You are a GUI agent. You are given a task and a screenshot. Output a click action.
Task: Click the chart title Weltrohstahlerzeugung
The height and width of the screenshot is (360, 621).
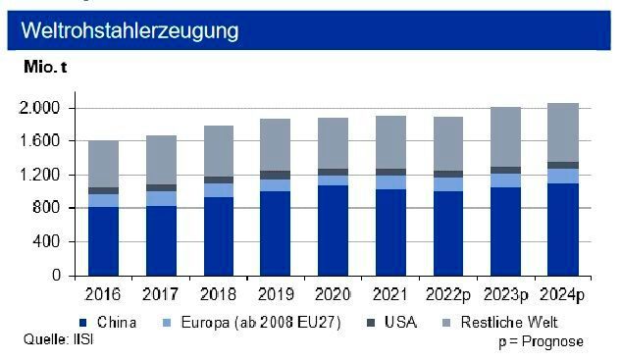coord(129,31)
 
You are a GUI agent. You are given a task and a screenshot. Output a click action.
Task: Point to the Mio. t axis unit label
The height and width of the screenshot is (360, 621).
coord(44,68)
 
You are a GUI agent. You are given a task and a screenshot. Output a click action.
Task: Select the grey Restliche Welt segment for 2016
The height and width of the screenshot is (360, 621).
coord(103,164)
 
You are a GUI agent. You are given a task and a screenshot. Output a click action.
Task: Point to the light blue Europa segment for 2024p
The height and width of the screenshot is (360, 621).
coord(563,176)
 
